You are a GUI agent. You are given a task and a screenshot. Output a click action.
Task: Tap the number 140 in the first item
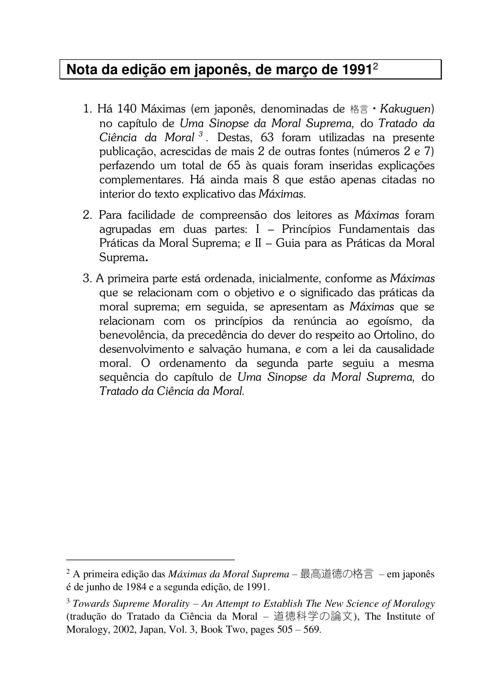127,109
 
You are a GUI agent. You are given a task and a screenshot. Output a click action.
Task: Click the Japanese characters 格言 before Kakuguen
358,110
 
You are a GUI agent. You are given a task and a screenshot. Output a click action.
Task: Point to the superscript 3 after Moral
200,134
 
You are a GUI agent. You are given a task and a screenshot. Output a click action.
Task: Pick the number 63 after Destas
267,137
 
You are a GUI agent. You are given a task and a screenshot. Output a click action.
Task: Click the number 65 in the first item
234,166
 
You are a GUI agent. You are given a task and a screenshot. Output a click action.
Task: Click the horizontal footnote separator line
150,560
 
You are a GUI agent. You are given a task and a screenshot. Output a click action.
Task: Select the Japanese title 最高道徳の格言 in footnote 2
336,574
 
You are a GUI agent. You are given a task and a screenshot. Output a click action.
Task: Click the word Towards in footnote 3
91,604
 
